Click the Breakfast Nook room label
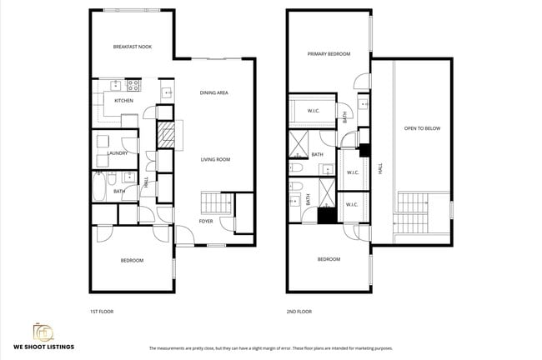click(x=132, y=47)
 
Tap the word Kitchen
click(x=124, y=101)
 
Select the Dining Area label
click(x=213, y=92)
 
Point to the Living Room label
click(x=215, y=159)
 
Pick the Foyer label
click(x=205, y=221)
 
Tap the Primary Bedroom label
click(x=328, y=54)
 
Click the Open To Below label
click(x=422, y=128)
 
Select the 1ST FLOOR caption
click(x=101, y=311)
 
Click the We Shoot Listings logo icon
click(x=43, y=331)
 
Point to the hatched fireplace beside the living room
click(x=168, y=135)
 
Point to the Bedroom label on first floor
click(x=132, y=261)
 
